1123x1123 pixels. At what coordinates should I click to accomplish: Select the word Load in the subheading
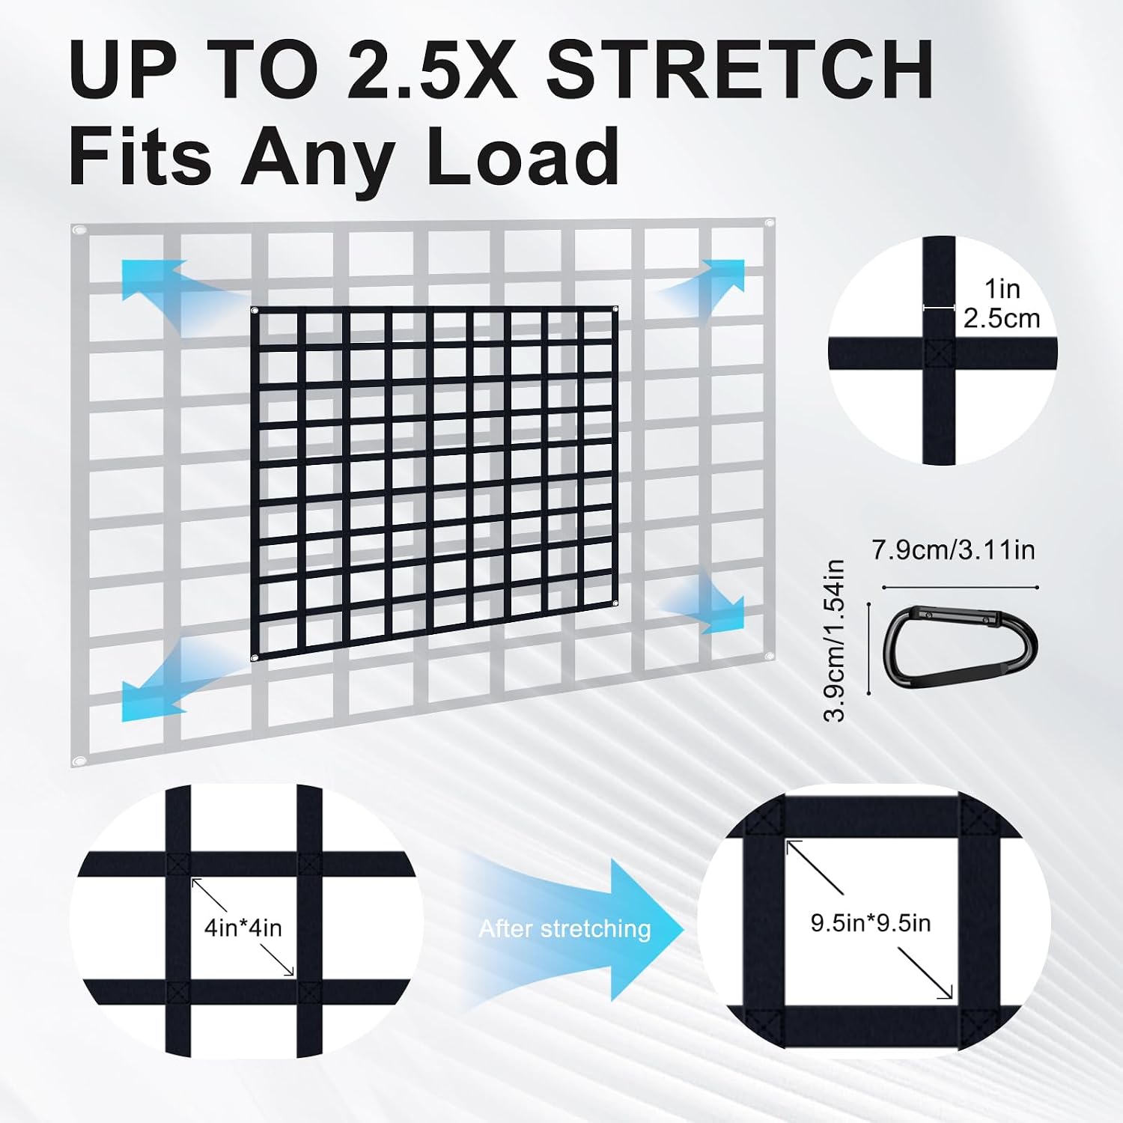tap(523, 156)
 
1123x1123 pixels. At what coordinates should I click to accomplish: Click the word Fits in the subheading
tap(141, 156)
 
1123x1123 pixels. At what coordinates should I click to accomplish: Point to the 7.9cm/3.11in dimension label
tap(953, 550)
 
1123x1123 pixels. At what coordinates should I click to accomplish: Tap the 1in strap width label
tap(1002, 288)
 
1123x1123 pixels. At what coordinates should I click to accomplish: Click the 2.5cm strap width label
tap(1002, 318)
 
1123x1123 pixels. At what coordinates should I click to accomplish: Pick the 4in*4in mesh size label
tap(243, 928)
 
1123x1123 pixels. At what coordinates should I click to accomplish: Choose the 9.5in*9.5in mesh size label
tap(871, 923)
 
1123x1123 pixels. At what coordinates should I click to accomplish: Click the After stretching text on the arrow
tap(564, 929)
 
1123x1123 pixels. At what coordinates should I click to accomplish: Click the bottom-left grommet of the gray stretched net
tap(79, 761)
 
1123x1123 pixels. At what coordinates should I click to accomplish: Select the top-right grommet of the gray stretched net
tap(769, 222)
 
